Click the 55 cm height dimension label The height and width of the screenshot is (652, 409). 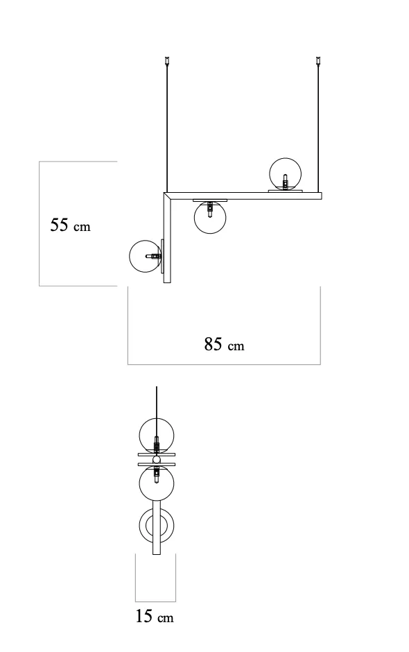click(x=70, y=225)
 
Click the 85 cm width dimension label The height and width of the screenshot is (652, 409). click(x=224, y=344)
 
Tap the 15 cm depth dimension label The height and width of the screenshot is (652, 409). click(x=154, y=616)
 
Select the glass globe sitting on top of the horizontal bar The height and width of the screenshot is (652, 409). click(x=285, y=174)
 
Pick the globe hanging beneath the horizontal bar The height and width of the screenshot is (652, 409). click(x=210, y=217)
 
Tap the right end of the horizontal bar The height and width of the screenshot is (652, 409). click(x=321, y=196)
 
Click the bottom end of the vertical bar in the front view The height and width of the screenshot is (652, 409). click(x=167, y=283)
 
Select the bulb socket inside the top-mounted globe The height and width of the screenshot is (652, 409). click(x=285, y=182)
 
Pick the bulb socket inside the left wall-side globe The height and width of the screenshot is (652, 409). click(x=153, y=257)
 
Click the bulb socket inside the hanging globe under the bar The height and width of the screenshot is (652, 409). click(x=210, y=209)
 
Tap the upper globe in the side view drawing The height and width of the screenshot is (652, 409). click(x=157, y=436)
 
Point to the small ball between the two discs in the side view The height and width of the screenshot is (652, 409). click(x=157, y=459)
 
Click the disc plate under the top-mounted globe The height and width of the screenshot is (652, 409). click(x=285, y=191)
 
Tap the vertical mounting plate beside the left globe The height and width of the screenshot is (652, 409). click(x=162, y=257)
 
